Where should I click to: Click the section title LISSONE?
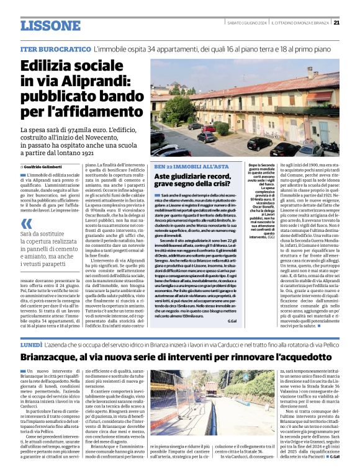[x=50, y=26]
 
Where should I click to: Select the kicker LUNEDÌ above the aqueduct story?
[x=32, y=342]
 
